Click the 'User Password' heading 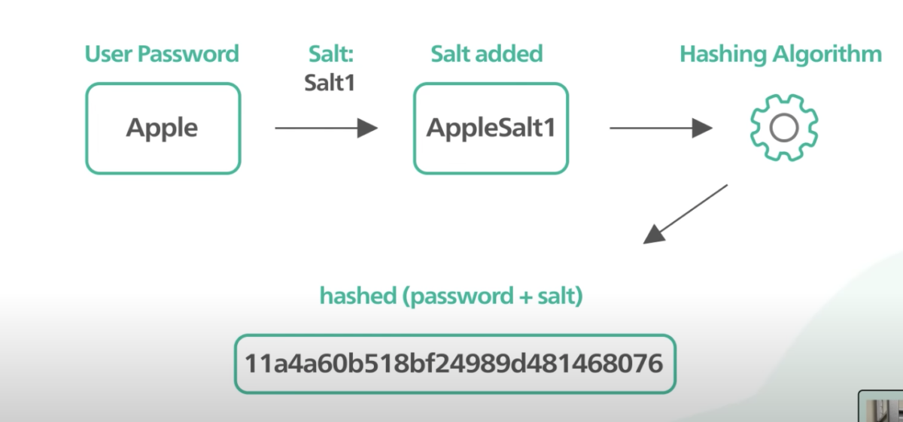(162, 54)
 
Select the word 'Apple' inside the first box (162, 129)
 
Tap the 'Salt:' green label (331, 53)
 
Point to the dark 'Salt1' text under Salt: (330, 83)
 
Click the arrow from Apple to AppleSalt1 (326, 128)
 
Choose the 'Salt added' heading (487, 53)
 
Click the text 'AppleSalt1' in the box (491, 128)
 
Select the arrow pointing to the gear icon (661, 128)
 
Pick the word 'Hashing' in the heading (723, 54)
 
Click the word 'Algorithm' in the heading (827, 54)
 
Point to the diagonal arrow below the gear (686, 214)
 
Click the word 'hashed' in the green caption (358, 296)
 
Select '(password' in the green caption (458, 296)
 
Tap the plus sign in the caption (526, 297)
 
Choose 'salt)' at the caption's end (561, 296)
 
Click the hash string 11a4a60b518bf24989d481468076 (454, 363)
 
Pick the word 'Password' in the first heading (188, 54)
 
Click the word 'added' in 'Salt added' (509, 53)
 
